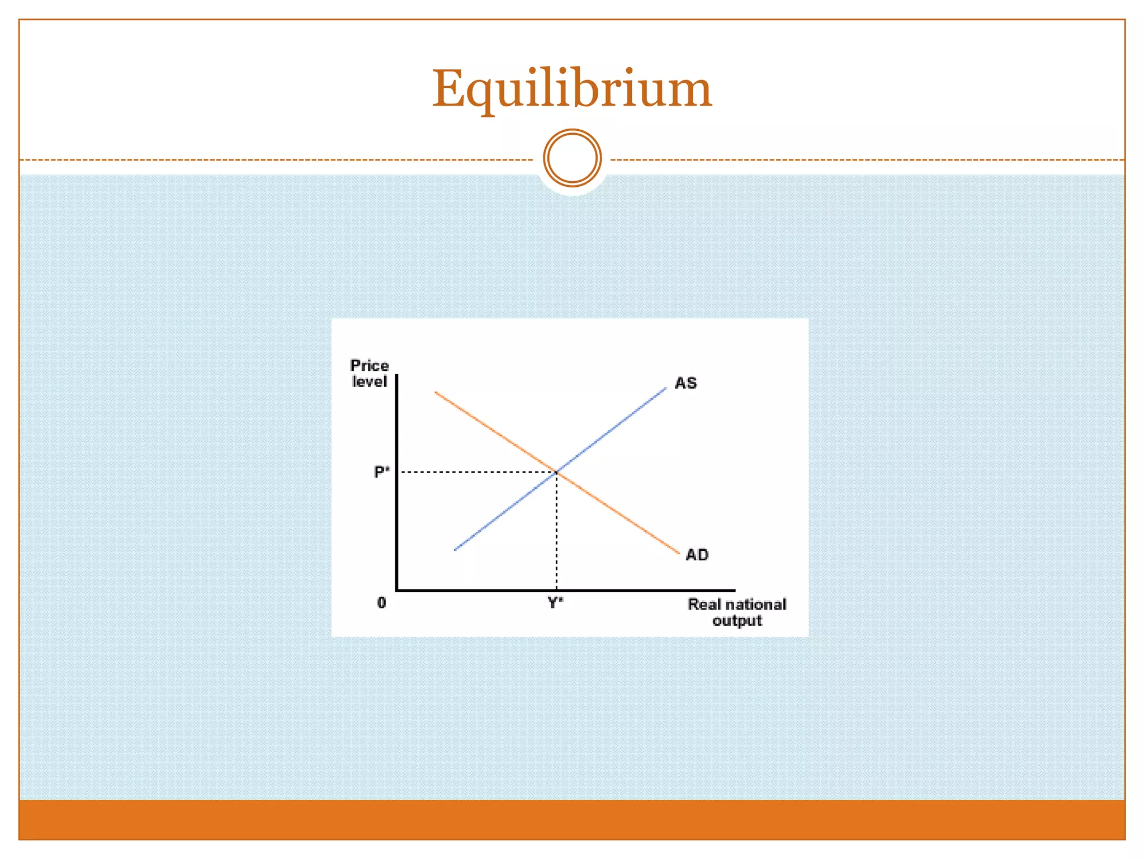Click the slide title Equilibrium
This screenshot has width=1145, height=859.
click(x=572, y=89)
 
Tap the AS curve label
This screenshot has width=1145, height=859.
click(x=685, y=383)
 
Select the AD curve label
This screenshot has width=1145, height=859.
click(x=697, y=555)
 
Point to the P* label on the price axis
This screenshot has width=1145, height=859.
click(x=381, y=472)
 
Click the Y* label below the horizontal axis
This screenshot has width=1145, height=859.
click(x=555, y=602)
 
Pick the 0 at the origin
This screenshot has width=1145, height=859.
click(x=381, y=602)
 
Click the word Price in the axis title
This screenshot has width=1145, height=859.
click(x=369, y=366)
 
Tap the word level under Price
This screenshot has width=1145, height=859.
click(x=369, y=382)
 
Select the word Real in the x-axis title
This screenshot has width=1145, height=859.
click(x=704, y=605)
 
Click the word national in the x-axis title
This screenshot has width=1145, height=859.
click(x=755, y=605)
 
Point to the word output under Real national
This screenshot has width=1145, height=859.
click(x=737, y=621)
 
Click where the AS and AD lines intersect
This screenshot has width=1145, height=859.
click(x=557, y=473)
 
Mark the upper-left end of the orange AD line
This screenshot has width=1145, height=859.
click(x=436, y=393)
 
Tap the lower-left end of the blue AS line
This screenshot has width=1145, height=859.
click(x=456, y=550)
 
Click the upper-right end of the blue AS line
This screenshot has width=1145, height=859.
click(x=665, y=388)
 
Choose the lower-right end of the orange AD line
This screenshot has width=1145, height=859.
click(x=678, y=553)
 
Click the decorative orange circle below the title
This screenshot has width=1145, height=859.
click(x=572, y=158)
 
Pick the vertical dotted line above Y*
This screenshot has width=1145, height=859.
click(x=556, y=531)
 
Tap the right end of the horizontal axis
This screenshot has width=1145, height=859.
click(x=734, y=590)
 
